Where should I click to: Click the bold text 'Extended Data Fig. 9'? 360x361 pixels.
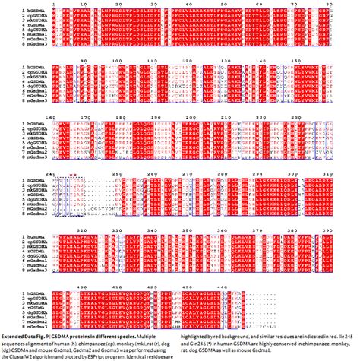[x=27, y=335]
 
